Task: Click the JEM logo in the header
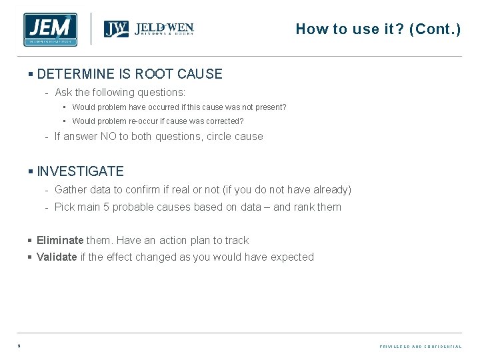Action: [50, 29]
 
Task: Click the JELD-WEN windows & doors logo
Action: [149, 29]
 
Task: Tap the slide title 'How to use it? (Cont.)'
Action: [378, 29]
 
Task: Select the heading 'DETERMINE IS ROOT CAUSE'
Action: [130, 74]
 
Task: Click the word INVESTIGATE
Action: [81, 171]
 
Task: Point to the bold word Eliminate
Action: [60, 240]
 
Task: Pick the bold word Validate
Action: [57, 257]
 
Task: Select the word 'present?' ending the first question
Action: [270, 107]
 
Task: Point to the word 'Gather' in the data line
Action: [71, 189]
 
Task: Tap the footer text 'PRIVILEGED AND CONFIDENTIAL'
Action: [420, 347]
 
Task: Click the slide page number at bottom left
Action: [19, 346]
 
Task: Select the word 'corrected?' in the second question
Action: [223, 121]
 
